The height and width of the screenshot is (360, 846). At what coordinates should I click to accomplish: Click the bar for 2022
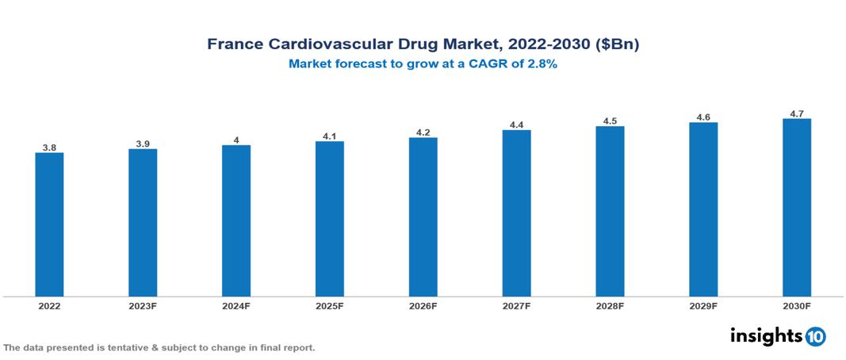pyautogui.click(x=49, y=224)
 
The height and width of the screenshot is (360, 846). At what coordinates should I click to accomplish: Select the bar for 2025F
pyautogui.click(x=329, y=219)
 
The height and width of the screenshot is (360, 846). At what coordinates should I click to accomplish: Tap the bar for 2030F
pyautogui.click(x=796, y=208)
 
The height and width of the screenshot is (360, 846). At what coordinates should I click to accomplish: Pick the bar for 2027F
pyautogui.click(x=516, y=213)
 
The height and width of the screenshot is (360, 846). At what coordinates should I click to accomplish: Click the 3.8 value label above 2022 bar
pyautogui.click(x=49, y=147)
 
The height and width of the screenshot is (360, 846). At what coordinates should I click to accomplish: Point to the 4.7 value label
pyautogui.click(x=796, y=113)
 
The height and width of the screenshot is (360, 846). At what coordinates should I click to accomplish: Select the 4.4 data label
pyautogui.click(x=516, y=124)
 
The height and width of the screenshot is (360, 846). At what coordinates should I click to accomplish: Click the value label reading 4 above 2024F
pyautogui.click(x=236, y=140)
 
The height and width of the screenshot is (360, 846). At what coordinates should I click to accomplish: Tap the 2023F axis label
pyautogui.click(x=143, y=305)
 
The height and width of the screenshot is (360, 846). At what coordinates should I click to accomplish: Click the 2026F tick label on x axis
pyautogui.click(x=423, y=305)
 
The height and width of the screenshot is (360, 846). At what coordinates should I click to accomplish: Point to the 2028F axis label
pyautogui.click(x=610, y=305)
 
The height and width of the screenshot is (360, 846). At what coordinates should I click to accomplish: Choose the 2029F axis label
pyautogui.click(x=703, y=305)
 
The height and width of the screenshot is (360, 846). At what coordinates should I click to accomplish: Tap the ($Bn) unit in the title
pyautogui.click(x=617, y=44)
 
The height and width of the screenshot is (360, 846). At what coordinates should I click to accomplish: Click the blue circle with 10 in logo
pyautogui.click(x=815, y=336)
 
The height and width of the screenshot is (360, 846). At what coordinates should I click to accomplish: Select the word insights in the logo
pyautogui.click(x=766, y=335)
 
